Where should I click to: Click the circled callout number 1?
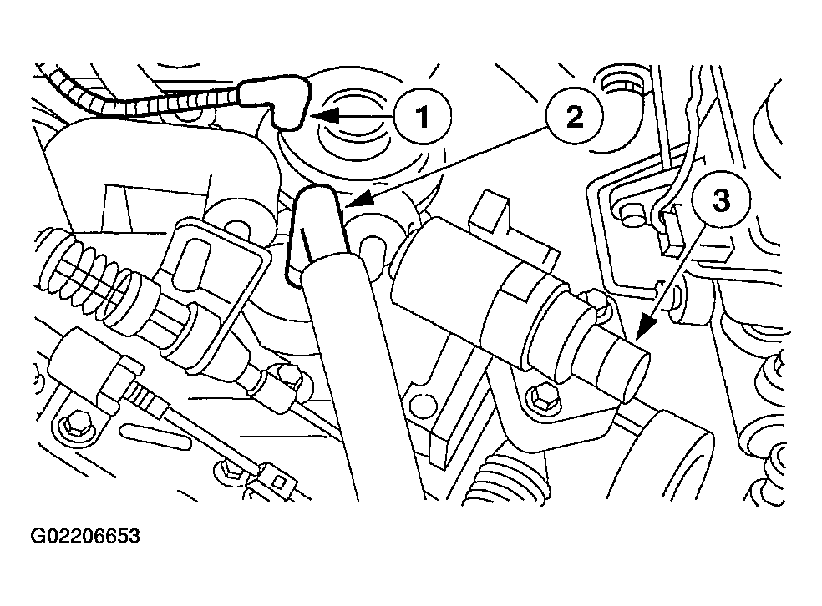tap(423, 115)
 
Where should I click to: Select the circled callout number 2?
tap(574, 116)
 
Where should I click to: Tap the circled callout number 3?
tap(721, 200)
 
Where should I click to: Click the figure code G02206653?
tap(85, 536)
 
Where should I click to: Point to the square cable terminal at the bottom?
tap(279, 479)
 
